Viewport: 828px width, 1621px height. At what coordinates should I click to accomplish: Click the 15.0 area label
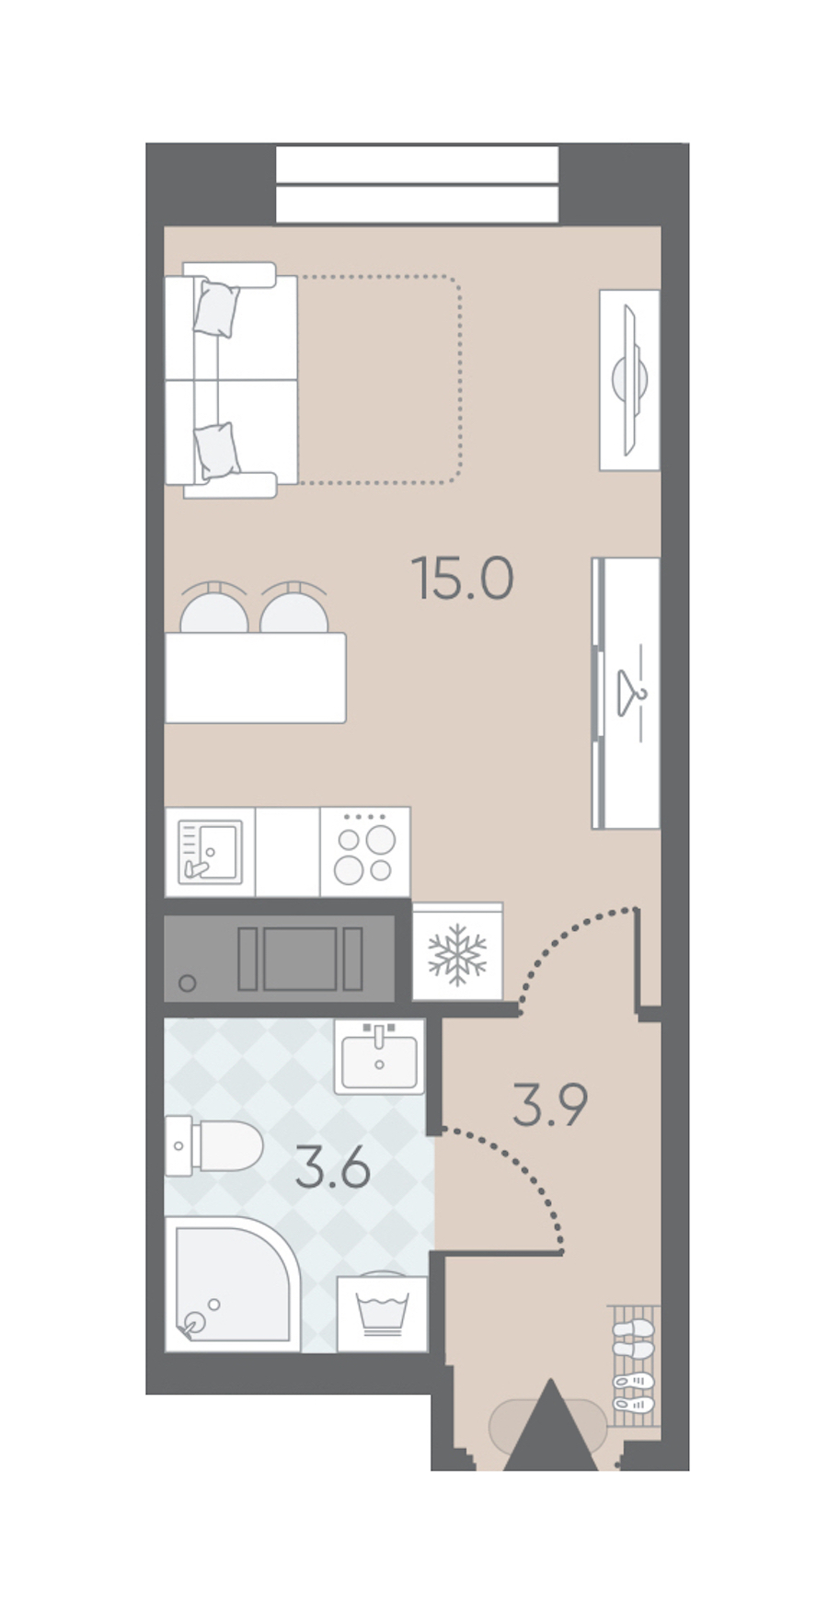pos(462,578)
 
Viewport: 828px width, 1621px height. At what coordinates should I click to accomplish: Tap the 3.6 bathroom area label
pos(333,1168)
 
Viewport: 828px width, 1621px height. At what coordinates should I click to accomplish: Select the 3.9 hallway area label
pos(550,1104)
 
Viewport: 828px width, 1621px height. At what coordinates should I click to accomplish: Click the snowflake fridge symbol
pos(457,952)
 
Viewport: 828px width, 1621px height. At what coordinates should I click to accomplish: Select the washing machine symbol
pos(382,1314)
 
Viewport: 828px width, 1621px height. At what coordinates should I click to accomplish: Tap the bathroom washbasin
pos(379,1056)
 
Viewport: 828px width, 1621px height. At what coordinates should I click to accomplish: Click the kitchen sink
pos(210,852)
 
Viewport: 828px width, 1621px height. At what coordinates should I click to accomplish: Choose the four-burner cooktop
pos(365,852)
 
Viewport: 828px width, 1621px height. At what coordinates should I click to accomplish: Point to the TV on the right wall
pos(631,379)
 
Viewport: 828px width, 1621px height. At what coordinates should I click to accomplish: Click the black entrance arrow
pos(551,1424)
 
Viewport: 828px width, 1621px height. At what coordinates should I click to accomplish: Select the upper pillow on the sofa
pos(217,308)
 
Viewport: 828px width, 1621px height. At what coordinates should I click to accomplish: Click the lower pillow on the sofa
pos(217,451)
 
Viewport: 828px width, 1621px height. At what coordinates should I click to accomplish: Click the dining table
pos(256,678)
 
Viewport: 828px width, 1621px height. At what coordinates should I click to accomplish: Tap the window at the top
pos(418,184)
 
